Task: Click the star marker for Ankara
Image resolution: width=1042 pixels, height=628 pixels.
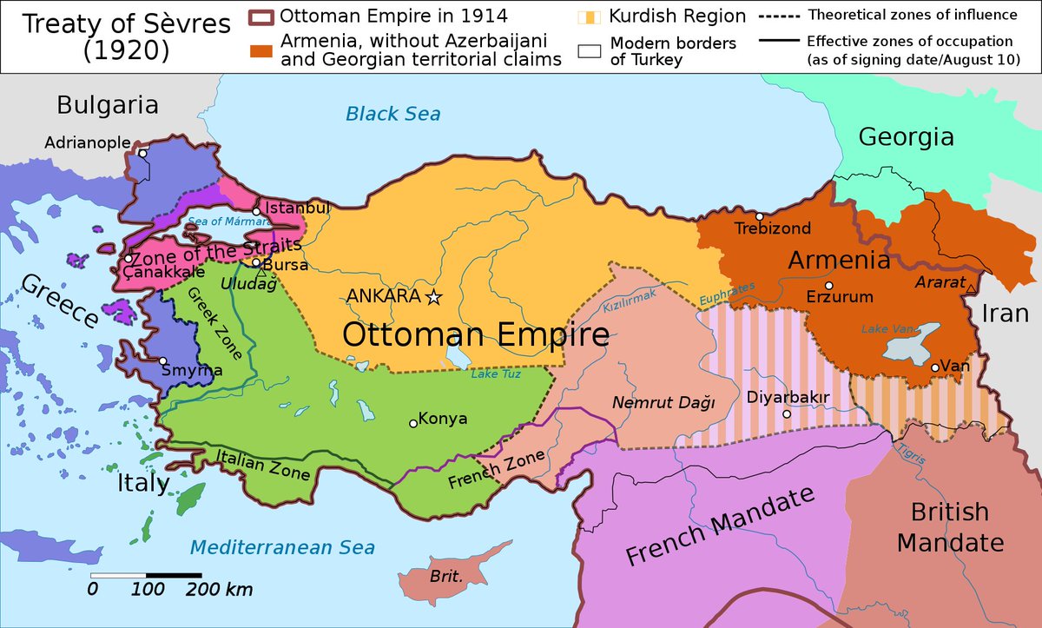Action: click(434, 297)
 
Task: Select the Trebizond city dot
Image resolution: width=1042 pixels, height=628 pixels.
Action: click(760, 216)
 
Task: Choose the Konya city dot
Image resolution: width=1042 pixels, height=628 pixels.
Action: click(413, 424)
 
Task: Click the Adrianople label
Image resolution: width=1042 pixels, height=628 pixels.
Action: click(88, 142)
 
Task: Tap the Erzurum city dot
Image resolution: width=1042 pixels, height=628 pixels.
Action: click(829, 285)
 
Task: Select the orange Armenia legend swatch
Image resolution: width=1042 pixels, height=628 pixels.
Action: click(260, 50)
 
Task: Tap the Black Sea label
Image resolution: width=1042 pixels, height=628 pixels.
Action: click(392, 113)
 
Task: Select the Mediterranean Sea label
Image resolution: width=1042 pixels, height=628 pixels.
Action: click(283, 547)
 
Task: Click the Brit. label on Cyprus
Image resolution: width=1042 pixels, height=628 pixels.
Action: click(445, 576)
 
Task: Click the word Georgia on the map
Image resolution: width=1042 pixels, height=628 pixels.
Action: click(906, 136)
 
